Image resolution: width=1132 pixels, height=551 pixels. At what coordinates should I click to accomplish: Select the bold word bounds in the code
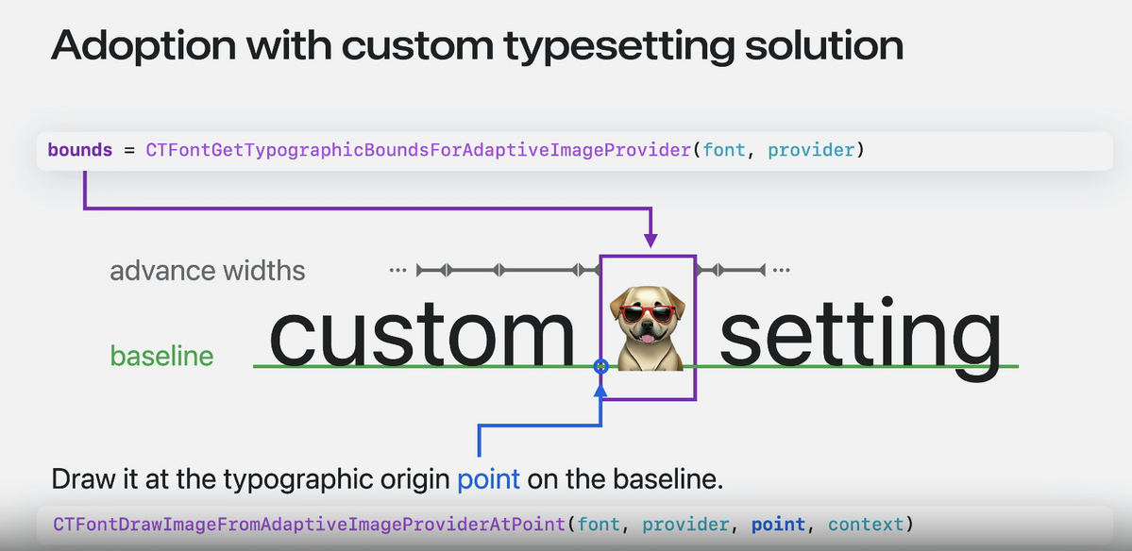tap(80, 150)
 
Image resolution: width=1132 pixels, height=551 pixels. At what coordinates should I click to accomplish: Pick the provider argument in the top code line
tap(811, 151)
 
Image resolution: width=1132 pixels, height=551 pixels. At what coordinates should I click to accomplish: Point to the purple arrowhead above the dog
tap(651, 241)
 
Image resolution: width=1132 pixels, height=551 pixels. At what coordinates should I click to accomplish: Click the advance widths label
tap(207, 271)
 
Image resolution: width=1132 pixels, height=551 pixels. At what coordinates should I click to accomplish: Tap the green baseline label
tap(161, 357)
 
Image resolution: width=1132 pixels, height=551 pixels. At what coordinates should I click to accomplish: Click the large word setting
tap(860, 339)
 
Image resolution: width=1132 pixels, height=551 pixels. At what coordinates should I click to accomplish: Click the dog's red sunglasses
tap(648, 314)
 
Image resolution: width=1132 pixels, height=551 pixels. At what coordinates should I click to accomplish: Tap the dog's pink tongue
tap(648, 338)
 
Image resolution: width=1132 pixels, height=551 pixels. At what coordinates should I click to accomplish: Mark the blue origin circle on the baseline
tap(600, 366)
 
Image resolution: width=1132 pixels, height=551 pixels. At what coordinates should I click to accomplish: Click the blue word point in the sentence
tap(489, 479)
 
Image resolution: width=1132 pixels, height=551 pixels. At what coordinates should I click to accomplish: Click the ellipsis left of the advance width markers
tap(397, 271)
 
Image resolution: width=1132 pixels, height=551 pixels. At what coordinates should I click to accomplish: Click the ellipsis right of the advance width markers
tap(781, 271)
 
